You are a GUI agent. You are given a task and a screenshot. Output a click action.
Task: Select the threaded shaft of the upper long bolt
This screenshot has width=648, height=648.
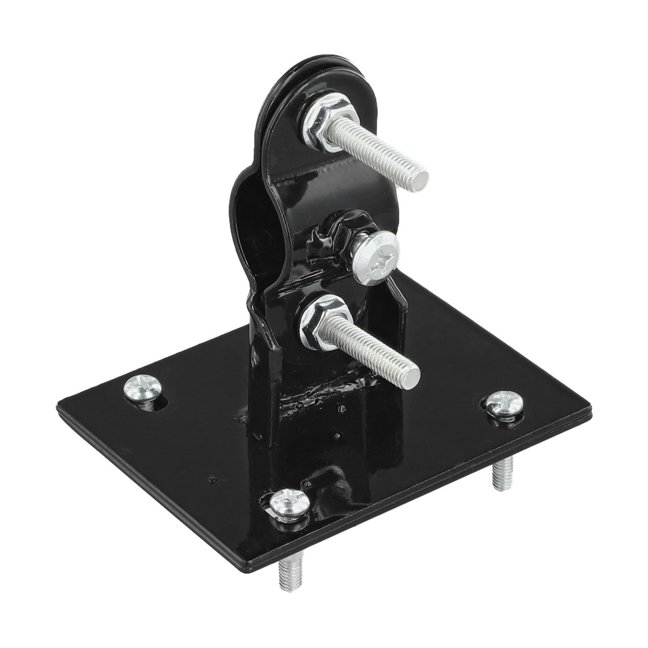pos(373,150)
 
